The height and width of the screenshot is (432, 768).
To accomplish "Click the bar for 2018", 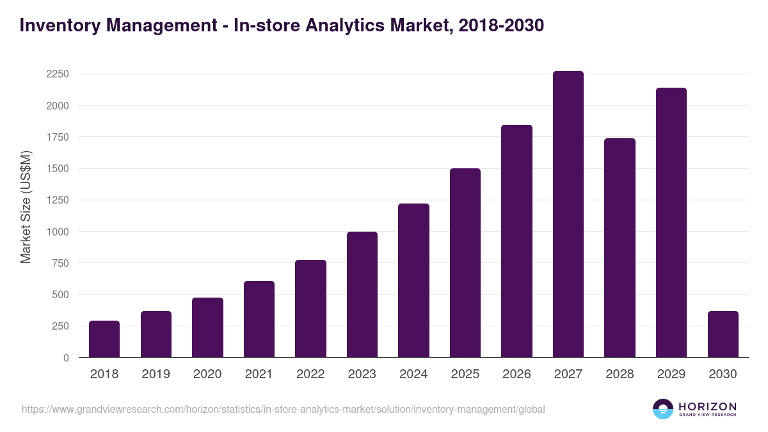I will click(x=104, y=339).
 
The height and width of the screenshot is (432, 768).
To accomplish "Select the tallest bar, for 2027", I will click(x=568, y=214).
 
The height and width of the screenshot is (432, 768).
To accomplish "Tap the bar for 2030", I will click(x=723, y=334).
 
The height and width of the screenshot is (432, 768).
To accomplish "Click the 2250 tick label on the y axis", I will click(x=58, y=74).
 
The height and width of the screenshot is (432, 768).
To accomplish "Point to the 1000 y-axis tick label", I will click(x=58, y=232).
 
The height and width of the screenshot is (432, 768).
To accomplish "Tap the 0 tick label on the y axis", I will click(x=66, y=358).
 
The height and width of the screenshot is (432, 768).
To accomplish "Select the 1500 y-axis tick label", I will click(x=58, y=169).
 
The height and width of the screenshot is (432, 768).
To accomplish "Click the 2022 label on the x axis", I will click(x=310, y=374).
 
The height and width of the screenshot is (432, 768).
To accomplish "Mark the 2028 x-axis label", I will click(x=620, y=374).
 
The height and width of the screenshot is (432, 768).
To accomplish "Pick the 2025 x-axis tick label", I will click(x=465, y=374).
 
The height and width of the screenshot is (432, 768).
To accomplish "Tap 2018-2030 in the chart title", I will click(x=501, y=26).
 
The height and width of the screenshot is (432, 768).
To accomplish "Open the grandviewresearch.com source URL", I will click(x=284, y=409).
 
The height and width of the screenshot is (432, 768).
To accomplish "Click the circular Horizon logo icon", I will click(x=663, y=409).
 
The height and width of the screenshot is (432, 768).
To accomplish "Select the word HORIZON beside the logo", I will click(x=707, y=406).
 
